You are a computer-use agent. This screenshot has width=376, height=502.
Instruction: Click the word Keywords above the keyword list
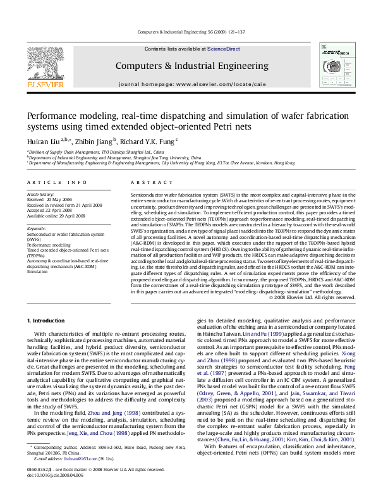[x=37, y=228]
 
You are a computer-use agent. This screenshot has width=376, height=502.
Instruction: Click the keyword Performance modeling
[x=49, y=243]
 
